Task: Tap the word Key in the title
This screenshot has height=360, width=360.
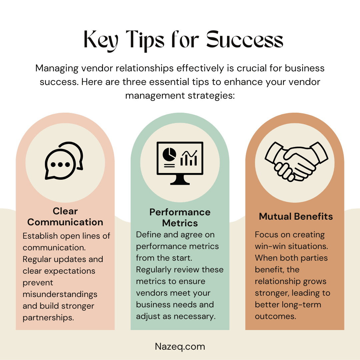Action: pyautogui.click(x=101, y=40)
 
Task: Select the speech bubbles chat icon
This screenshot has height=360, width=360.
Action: pyautogui.click(x=64, y=160)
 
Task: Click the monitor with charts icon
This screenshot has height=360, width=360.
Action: pyautogui.click(x=180, y=163)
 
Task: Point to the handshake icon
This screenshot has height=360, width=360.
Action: pyautogui.click(x=296, y=161)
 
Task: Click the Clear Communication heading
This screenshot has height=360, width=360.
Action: pyautogui.click(x=65, y=217)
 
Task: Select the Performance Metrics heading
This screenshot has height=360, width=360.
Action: pyautogui.click(x=180, y=217)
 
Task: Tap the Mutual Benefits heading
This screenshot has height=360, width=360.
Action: pyautogui.click(x=296, y=216)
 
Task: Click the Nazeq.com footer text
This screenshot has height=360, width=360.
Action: pyautogui.click(x=180, y=347)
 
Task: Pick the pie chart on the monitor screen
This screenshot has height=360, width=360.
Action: pyautogui.click(x=169, y=154)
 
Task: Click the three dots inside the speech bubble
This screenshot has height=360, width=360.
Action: pyautogui.click(x=60, y=164)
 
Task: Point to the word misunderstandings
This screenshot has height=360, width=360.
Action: pyautogui.click(x=60, y=294)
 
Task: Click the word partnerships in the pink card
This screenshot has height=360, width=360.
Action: pyautogui.click(x=48, y=318)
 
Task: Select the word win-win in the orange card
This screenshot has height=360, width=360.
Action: pyautogui.click(x=270, y=246)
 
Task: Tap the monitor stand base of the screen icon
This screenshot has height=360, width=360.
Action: pyautogui.click(x=180, y=183)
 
